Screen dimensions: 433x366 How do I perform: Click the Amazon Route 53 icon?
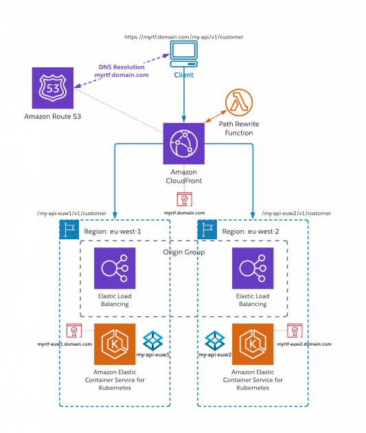pos(52,87)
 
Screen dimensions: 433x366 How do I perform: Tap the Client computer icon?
pos(183,54)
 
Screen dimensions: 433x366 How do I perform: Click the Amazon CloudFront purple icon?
pos(183,143)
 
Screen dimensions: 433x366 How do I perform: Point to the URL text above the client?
pos(183,36)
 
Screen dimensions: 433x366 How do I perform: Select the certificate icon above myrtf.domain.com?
pos(183,199)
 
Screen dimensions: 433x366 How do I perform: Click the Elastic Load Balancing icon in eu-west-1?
pos(115,268)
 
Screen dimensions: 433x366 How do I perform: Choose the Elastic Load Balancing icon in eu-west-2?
pos(253,268)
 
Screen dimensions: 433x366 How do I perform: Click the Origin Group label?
pos(183,252)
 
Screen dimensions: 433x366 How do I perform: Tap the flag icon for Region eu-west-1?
pos(69,230)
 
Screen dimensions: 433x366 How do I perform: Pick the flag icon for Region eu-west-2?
pos(207,230)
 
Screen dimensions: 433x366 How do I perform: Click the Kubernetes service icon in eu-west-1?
pos(115,344)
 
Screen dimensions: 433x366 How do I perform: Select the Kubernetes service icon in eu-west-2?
pos(253,344)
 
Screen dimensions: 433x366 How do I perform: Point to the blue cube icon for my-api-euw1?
pos(152,340)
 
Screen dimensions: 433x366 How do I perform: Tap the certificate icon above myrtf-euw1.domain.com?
pos(73,330)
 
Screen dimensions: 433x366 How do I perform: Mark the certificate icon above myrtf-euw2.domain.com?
pos(295,330)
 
